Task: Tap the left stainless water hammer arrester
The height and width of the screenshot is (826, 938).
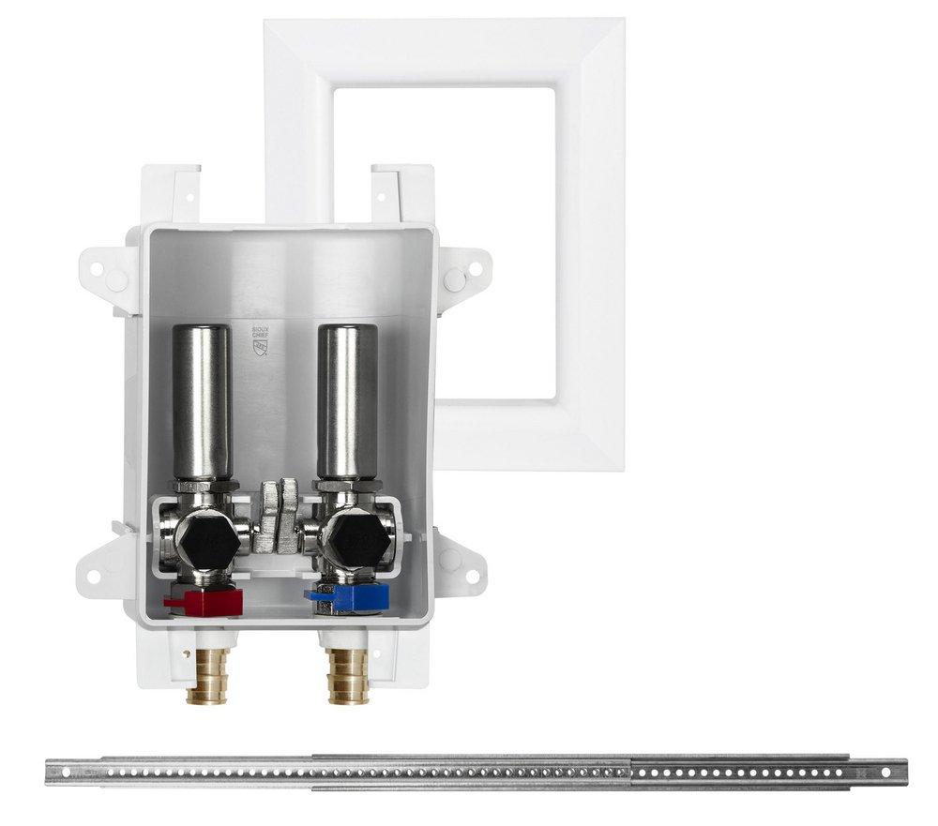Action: tap(202, 401)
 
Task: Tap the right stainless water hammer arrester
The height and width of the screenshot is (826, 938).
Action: tap(347, 401)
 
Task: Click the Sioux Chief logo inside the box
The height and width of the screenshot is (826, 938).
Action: tap(260, 339)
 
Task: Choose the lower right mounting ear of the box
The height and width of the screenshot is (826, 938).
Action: tap(460, 561)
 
